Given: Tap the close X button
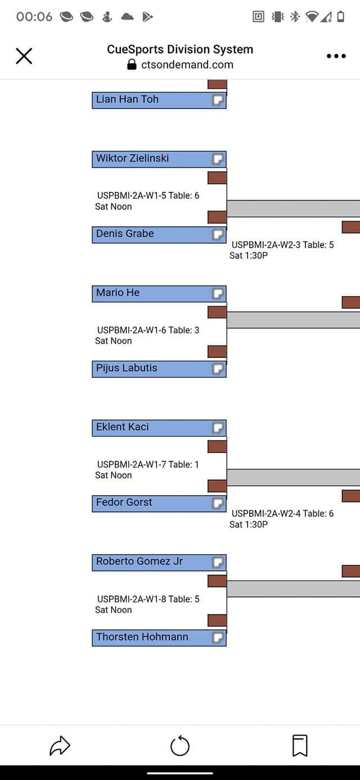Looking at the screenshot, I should [24, 56].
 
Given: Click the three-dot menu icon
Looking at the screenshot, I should [336, 56].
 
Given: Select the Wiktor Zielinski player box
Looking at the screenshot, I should [152, 159].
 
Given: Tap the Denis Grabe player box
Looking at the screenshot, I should [152, 234].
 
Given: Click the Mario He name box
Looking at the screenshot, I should [152, 293].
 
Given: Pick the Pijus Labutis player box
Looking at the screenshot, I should [152, 369].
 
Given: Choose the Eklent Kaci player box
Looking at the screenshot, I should [152, 428].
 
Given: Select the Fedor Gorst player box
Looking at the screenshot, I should [152, 503].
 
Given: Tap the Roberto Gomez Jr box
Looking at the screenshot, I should [152, 562].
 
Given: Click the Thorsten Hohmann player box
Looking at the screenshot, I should [152, 638].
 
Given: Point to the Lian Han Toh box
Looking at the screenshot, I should [152, 100].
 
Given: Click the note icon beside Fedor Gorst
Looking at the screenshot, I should [218, 503].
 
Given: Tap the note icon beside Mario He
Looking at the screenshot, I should [218, 293].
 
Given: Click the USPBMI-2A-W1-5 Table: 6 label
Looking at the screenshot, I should [148, 196].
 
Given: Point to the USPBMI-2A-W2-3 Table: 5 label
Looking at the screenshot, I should [282, 245].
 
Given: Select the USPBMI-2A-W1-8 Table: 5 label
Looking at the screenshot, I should [148, 599].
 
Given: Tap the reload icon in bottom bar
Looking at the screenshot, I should [180, 746].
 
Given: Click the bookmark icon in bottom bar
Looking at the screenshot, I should [300, 746].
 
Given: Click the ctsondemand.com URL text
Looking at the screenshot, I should [187, 65].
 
